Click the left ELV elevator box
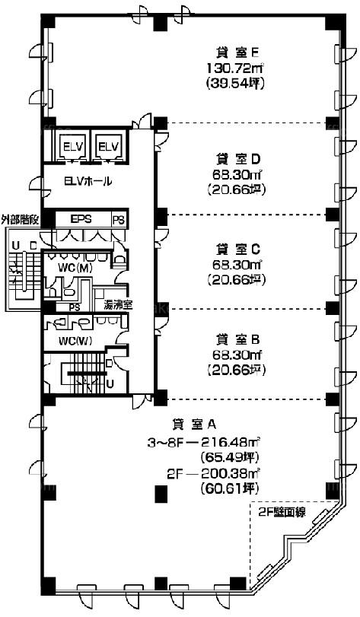[72, 146]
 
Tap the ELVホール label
[88, 181]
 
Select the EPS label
[81, 219]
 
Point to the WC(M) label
[75, 269]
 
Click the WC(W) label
[75, 341]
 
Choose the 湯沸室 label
[118, 304]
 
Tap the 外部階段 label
[19, 220]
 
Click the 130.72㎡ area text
[235, 68]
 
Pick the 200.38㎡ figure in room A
[231, 474]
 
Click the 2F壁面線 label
[282, 513]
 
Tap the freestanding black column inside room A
[161, 494]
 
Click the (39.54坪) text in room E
[235, 84]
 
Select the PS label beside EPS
[119, 220]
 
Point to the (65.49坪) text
[230, 458]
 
